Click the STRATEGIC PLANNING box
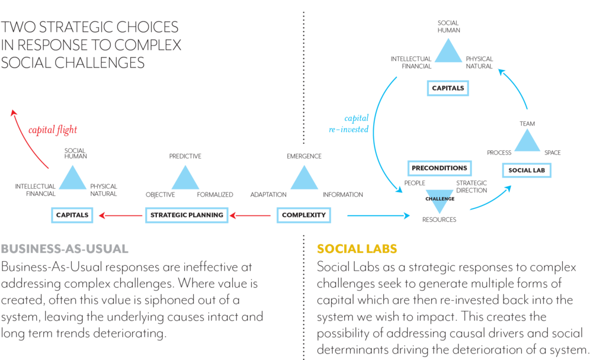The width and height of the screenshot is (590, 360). coord(187,214)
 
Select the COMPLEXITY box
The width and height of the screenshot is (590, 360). coord(304,215)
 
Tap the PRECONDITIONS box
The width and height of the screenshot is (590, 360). coord(439,168)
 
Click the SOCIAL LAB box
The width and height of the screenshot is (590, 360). coord(527,171)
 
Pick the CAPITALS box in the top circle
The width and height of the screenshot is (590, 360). coord(448,89)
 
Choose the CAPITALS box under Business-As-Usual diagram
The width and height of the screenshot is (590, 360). coord(72,214)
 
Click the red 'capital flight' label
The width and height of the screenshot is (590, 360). coord(53,130)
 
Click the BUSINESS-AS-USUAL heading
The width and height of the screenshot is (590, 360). coord(65,248)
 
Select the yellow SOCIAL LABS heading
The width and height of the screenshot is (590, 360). coord(357,248)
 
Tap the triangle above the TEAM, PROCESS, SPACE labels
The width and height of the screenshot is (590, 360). coord(527,142)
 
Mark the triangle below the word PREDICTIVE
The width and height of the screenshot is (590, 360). coord(185,178)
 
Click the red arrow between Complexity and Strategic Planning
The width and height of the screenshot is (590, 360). coord(255,215)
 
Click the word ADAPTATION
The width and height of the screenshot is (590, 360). coord(268,195)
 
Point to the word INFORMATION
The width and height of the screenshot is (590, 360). coord(343,195)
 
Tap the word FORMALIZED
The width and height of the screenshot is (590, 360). coord(215,195)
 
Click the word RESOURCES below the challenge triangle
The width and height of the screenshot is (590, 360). coord(439,220)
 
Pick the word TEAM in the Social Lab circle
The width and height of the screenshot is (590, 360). coord(527,124)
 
